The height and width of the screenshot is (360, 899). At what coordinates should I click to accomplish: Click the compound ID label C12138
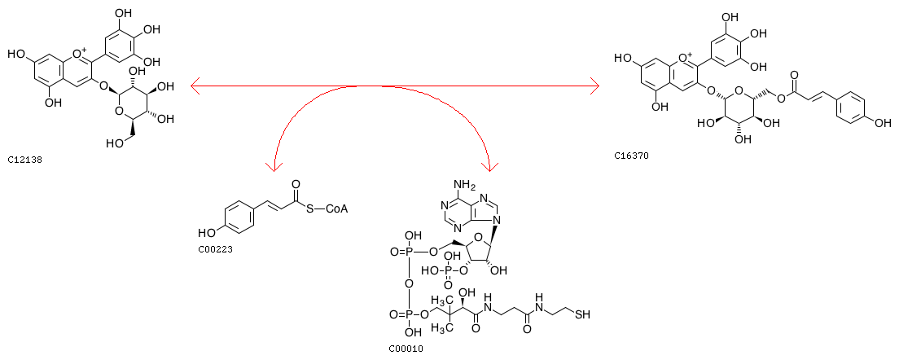24,160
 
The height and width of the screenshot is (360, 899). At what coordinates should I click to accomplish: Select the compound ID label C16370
630,156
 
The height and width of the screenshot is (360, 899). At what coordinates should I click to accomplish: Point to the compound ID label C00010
406,348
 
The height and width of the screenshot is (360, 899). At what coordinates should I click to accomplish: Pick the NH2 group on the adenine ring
464,185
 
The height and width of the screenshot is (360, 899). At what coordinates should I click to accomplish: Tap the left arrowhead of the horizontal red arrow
195,87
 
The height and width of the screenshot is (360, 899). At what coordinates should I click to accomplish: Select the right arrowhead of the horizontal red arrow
594,87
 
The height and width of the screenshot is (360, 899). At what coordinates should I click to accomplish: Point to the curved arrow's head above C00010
489,166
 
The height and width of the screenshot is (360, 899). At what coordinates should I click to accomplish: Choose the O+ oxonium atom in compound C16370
686,58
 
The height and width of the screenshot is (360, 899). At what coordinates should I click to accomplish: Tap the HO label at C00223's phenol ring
206,233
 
